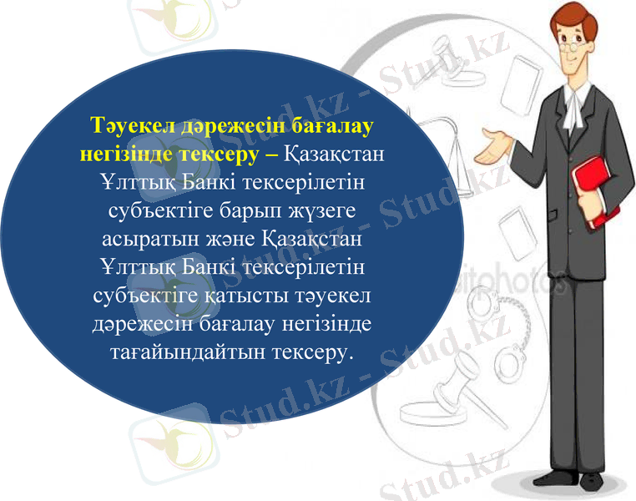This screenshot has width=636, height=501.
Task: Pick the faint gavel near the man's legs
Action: pos(451,392)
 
